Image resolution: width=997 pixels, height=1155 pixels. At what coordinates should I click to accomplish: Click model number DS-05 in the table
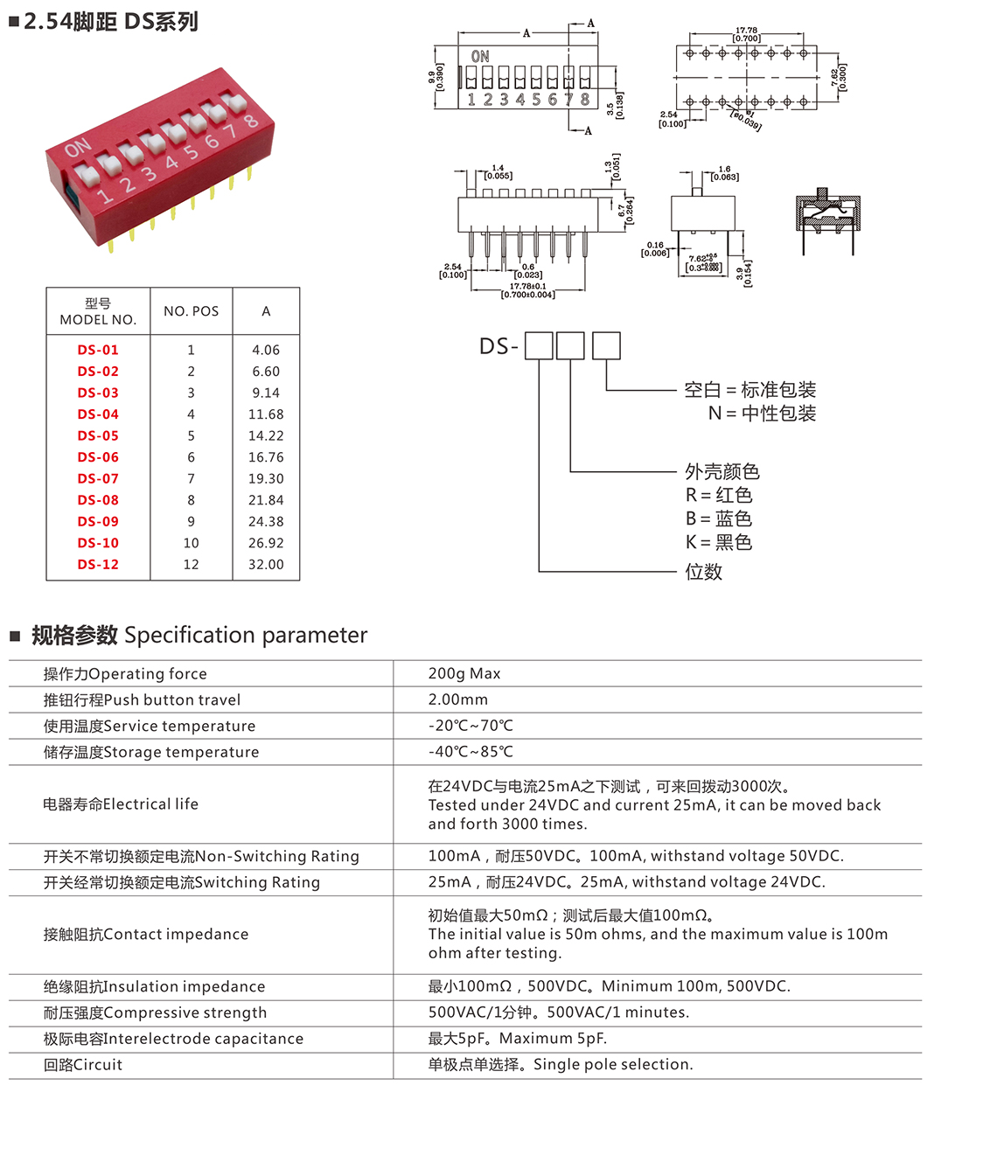[x=98, y=435]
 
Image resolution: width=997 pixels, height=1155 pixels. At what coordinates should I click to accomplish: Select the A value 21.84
[x=266, y=500]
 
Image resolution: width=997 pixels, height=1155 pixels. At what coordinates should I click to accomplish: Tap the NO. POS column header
[x=191, y=311]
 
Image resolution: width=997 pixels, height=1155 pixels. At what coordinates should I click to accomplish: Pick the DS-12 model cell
[x=98, y=565]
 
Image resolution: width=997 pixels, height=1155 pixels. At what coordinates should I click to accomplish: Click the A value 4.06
[x=266, y=350]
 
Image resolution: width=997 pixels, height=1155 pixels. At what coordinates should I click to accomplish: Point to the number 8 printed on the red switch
[x=250, y=121]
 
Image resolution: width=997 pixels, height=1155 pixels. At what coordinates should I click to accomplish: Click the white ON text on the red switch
[x=77, y=149]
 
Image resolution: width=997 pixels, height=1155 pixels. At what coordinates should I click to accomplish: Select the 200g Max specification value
[x=464, y=673]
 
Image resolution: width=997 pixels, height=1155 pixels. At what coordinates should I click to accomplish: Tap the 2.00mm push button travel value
[x=458, y=699]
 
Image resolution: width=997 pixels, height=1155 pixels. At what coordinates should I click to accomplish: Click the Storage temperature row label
[x=151, y=752]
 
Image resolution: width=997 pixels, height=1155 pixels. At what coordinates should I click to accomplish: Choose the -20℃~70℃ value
[x=471, y=726]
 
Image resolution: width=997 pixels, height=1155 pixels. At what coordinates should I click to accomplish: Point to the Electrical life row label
[x=121, y=804]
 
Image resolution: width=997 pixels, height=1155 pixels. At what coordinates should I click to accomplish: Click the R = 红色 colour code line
[x=719, y=496]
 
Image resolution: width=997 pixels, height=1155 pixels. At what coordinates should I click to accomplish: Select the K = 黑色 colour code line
[x=719, y=543]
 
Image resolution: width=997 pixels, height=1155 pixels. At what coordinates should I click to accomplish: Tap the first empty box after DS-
[x=539, y=345]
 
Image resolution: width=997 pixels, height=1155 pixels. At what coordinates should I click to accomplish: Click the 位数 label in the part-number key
[x=704, y=572]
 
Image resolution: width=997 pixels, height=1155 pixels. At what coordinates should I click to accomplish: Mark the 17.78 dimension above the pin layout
[x=746, y=31]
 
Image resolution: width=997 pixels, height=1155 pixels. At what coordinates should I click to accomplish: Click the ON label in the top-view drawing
[x=480, y=57]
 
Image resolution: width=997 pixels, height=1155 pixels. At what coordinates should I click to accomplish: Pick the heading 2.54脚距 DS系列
[x=111, y=22]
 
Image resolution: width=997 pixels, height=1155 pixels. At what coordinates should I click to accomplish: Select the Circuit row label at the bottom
[x=83, y=1065]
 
